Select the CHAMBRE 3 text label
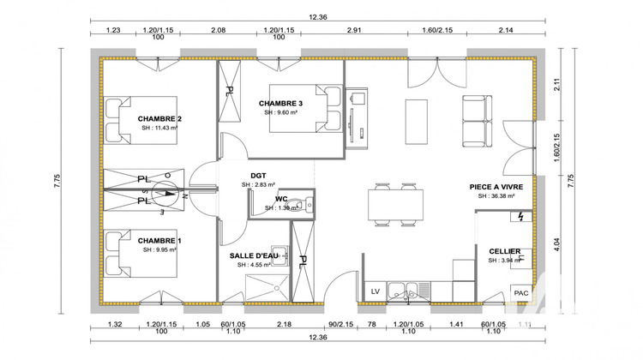pyautogui.click(x=281, y=104)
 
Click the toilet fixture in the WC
pyautogui.click(x=294, y=203)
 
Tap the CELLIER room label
pyautogui.click(x=504, y=251)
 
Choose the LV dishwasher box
pyautogui.click(x=375, y=292)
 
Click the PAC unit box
pyautogui.click(x=520, y=292)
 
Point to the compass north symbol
pyautogui.click(x=169, y=190)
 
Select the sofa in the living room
pyautogui.click(x=476, y=121)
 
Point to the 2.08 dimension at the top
pyautogui.click(x=217, y=30)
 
